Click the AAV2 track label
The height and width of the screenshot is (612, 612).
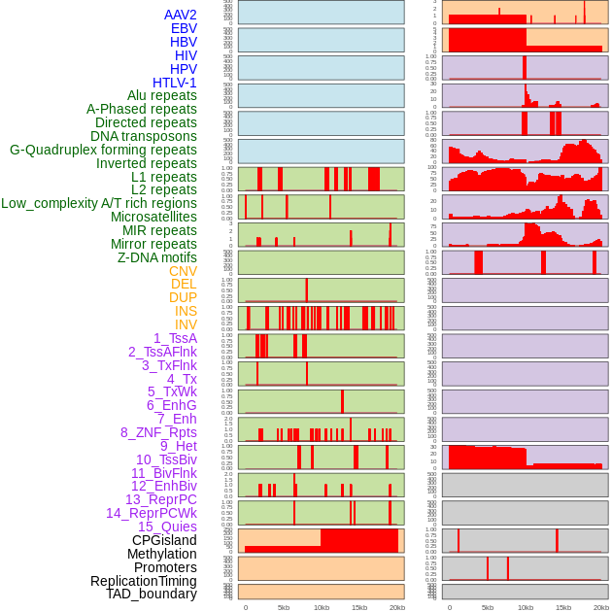pyautogui.click(x=181, y=15)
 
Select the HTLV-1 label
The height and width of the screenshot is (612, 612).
pyautogui.click(x=175, y=83)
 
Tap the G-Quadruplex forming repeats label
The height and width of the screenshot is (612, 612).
pyautogui.click(x=103, y=150)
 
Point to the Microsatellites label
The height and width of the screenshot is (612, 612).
pyautogui.click(x=153, y=217)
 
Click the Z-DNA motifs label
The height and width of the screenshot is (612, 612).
pyautogui.click(x=157, y=257)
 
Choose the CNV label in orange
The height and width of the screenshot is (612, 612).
pyautogui.click(x=183, y=271)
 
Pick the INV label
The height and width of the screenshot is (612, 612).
pyautogui.click(x=186, y=324)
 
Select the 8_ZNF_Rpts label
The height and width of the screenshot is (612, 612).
pyautogui.click(x=158, y=432)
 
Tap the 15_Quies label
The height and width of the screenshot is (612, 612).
pyautogui.click(x=166, y=527)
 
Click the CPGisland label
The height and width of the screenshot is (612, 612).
pyautogui.click(x=164, y=540)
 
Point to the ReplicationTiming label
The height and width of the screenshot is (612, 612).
pyautogui.click(x=143, y=581)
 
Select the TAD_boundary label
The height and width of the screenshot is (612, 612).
pyautogui.click(x=152, y=594)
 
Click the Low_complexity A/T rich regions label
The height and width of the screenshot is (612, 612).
pyautogui.click(x=99, y=203)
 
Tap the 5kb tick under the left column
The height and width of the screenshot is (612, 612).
pyautogui.click(x=284, y=607)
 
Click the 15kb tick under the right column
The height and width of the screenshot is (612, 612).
pyautogui.click(x=563, y=607)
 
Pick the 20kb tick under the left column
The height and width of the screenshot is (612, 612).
pyautogui.click(x=396, y=607)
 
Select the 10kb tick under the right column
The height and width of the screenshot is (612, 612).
pyautogui.click(x=526, y=607)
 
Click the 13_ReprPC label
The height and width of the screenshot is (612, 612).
pyautogui.click(x=160, y=499)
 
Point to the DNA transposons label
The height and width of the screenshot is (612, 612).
pyautogui.click(x=144, y=136)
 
